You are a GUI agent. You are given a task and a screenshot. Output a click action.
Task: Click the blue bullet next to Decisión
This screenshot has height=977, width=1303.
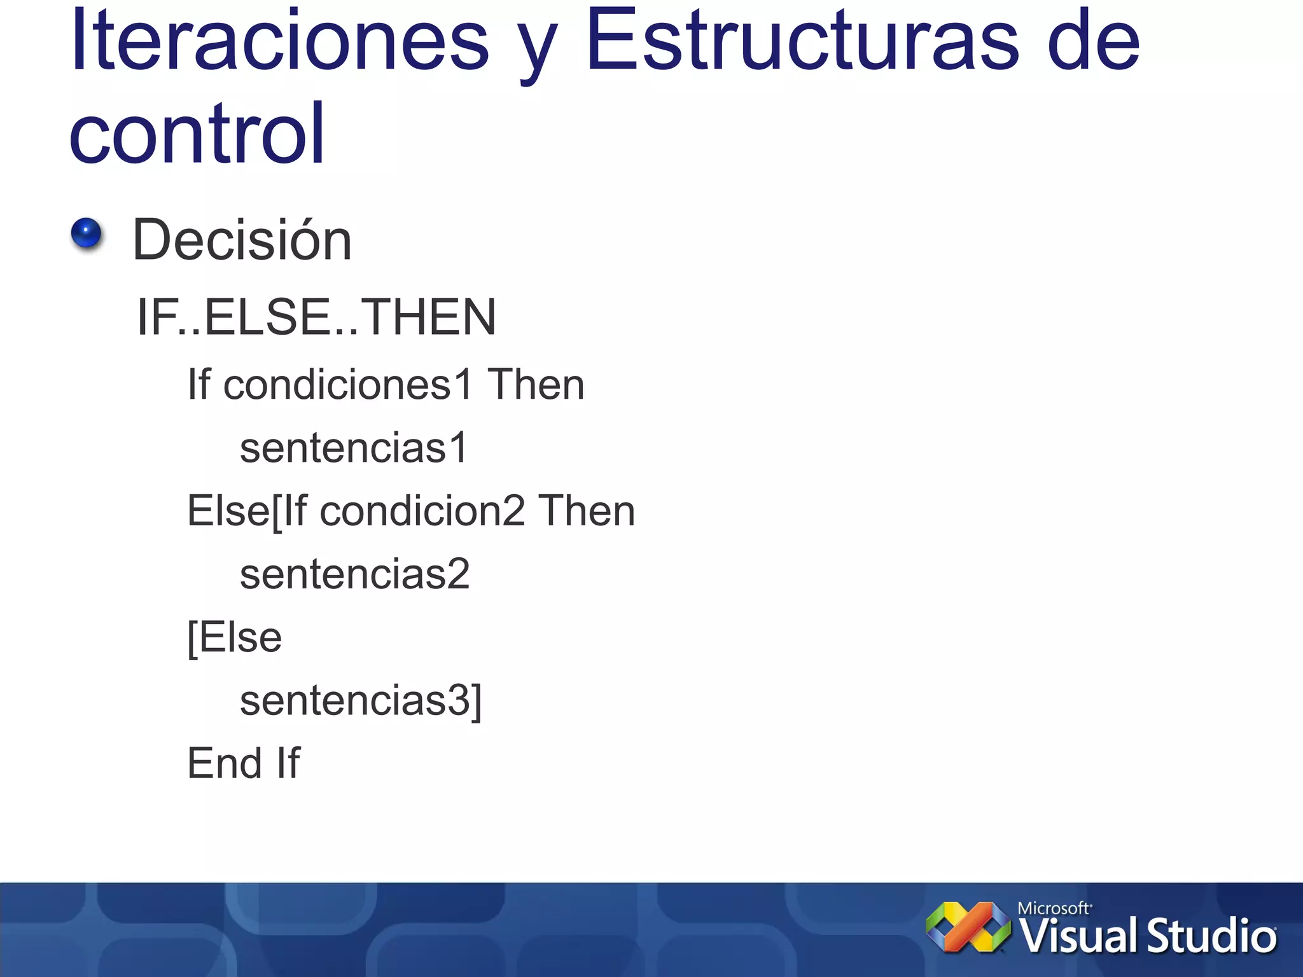tap(87, 233)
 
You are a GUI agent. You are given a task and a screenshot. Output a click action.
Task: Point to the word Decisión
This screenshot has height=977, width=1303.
tap(242, 240)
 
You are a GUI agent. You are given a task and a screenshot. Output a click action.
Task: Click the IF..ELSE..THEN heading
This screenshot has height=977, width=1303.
tap(316, 317)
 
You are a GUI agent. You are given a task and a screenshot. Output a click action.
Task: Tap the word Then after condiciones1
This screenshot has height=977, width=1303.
tap(536, 385)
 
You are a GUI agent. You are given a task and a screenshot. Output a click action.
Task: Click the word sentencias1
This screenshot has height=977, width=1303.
tap(354, 448)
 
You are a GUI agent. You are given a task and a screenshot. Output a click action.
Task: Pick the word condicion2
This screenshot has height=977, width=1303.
tap(422, 511)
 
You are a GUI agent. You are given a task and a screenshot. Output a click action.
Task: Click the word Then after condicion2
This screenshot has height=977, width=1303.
tap(587, 511)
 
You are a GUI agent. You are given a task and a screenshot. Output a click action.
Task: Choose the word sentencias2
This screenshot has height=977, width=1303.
tap(354, 574)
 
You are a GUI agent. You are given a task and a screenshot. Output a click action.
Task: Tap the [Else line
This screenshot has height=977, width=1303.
tap(234, 637)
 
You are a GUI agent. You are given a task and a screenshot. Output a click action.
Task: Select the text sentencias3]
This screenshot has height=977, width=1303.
tap(361, 700)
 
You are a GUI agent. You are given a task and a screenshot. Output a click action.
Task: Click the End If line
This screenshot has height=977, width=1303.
tap(244, 763)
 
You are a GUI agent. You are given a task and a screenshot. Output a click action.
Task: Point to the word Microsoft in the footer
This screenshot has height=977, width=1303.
tap(1054, 908)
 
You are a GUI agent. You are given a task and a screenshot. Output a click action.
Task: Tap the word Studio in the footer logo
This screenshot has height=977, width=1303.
tap(1211, 936)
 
